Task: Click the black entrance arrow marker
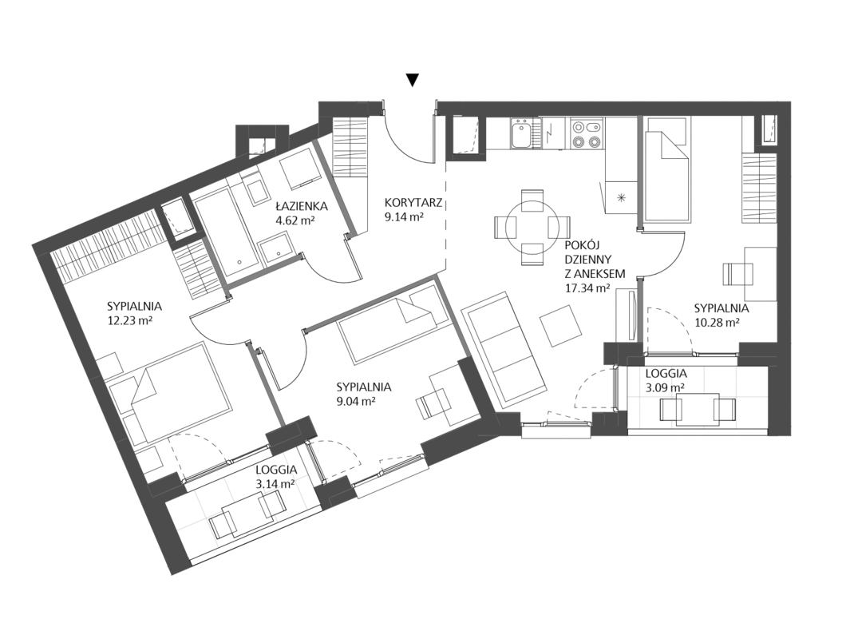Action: (x=413, y=81)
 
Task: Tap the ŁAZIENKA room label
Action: (x=301, y=206)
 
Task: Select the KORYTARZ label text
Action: (x=413, y=203)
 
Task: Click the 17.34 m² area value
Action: (x=586, y=288)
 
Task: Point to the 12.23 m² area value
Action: (x=129, y=320)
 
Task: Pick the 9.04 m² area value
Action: (x=355, y=402)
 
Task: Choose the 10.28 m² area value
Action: (x=718, y=322)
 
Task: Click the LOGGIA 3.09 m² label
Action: (x=666, y=380)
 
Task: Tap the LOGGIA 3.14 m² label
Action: (x=275, y=476)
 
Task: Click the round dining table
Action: (x=532, y=228)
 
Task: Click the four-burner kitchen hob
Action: (x=587, y=134)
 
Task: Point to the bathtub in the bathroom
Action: (x=227, y=232)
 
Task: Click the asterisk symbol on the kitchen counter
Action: (x=621, y=197)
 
